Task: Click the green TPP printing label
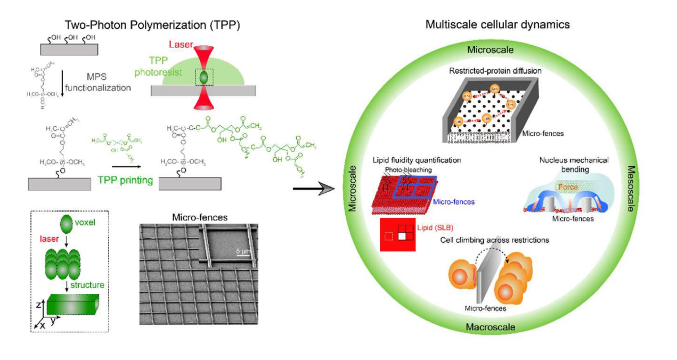(125, 180)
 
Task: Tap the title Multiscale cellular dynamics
(497, 24)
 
